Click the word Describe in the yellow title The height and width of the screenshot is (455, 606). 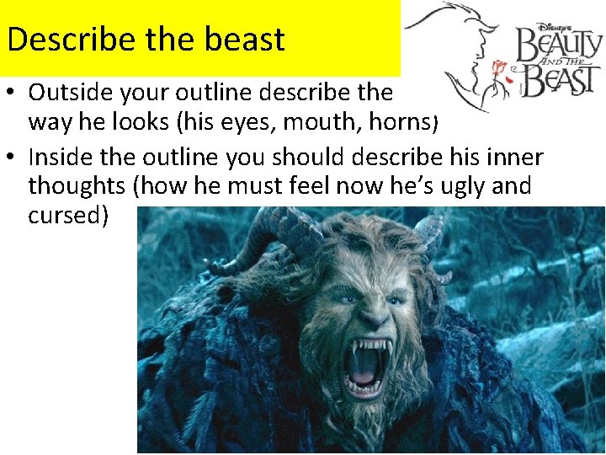58,39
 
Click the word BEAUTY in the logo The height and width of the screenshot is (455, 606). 559,45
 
